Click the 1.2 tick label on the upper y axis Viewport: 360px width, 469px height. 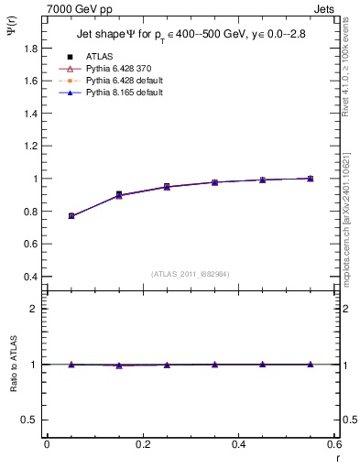coord(30,130)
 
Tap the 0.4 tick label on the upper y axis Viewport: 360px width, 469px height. coord(30,277)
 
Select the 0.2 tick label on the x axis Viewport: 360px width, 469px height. coord(142,444)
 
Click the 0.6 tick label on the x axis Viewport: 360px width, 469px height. coord(333,444)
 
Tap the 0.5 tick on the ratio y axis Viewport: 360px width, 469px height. coord(30,420)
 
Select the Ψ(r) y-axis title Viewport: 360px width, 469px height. coord(10,31)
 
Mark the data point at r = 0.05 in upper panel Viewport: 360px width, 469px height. coord(71,216)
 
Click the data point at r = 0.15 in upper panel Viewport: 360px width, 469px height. coord(119,194)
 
